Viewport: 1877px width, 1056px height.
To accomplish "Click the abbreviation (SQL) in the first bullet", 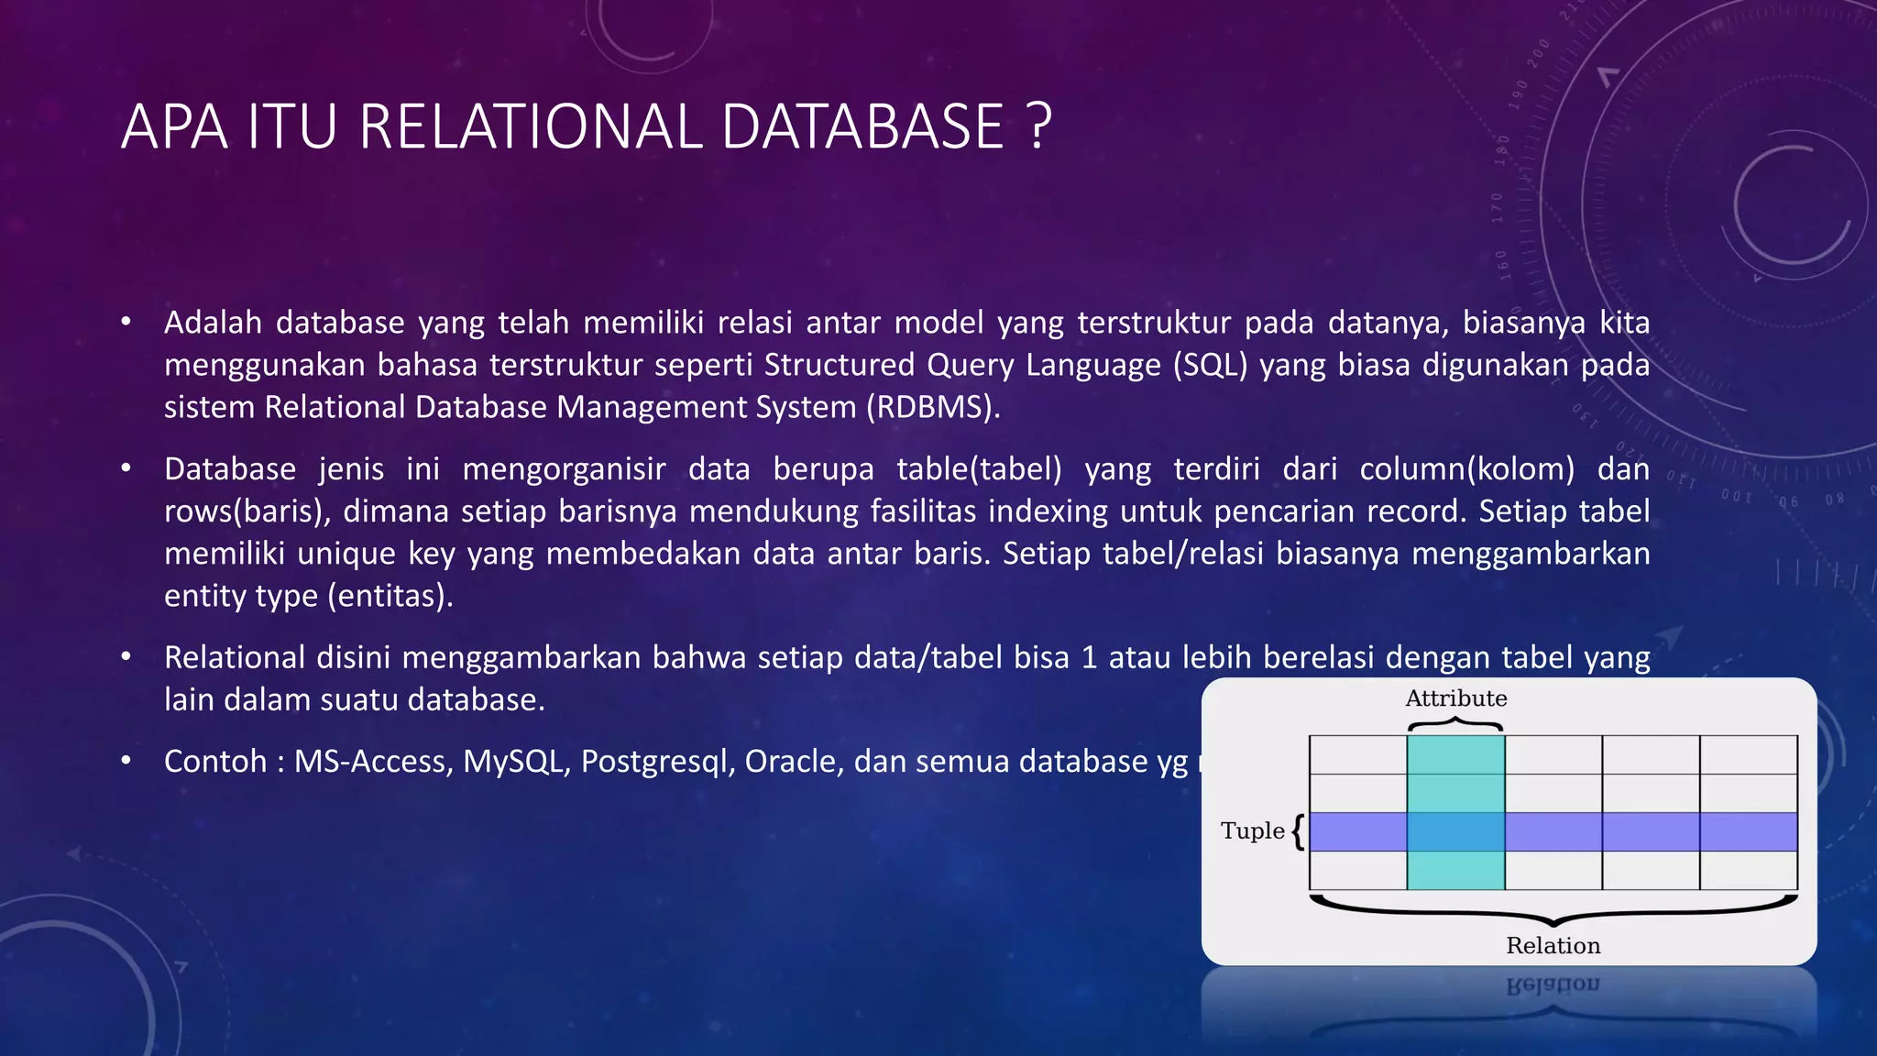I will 1210,365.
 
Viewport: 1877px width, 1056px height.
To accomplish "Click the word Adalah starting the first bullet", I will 213,323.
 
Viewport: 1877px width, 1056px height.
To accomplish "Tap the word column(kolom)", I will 1465,469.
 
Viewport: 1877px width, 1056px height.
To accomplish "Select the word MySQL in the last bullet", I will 511,762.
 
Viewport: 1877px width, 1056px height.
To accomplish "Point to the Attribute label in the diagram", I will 1455,698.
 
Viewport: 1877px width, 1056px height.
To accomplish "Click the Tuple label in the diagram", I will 1252,830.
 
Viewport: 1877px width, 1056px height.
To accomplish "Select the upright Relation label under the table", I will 1553,945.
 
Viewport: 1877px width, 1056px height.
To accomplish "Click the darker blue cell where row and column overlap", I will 1455,831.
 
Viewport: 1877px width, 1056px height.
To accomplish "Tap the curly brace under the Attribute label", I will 1455,725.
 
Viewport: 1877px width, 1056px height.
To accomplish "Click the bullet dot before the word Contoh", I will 126,761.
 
